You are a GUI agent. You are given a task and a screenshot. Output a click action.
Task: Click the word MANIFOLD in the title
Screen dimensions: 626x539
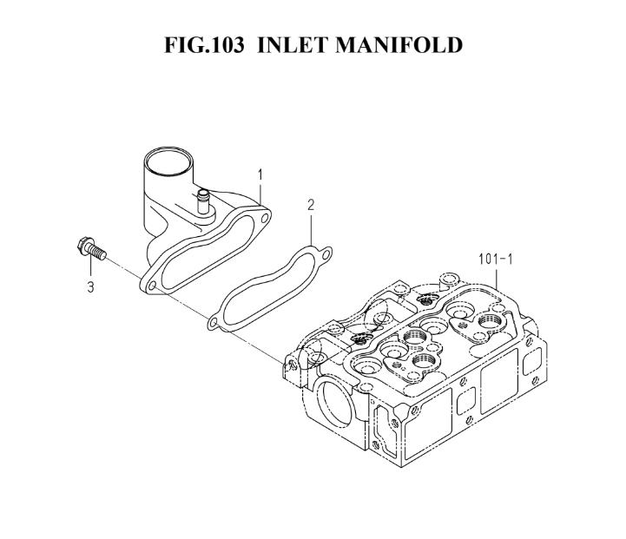coord(399,44)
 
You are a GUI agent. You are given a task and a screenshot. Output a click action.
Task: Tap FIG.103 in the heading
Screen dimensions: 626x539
coord(204,44)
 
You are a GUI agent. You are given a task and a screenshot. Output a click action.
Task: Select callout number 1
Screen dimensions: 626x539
coord(260,174)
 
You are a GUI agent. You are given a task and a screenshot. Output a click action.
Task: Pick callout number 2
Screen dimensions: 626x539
coord(311,205)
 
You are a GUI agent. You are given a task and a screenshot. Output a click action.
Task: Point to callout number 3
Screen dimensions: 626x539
coord(90,286)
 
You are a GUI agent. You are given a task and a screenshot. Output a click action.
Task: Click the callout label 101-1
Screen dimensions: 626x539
coord(496,260)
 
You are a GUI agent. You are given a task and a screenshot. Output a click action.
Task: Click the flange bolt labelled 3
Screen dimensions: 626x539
coord(91,248)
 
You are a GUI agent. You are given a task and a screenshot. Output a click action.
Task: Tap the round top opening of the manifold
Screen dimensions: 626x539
coord(168,161)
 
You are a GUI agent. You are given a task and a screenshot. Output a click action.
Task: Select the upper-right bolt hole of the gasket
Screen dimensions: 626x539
coord(326,253)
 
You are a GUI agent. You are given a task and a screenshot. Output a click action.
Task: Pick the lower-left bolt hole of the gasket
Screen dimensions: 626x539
coord(214,322)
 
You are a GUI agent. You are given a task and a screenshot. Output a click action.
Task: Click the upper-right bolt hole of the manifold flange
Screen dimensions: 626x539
coord(264,218)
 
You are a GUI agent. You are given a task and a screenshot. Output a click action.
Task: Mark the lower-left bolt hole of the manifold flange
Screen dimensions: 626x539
coord(152,286)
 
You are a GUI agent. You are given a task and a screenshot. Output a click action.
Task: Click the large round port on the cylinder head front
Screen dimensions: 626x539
coord(335,402)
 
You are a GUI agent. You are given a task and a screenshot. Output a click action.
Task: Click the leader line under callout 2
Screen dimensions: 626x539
coord(311,228)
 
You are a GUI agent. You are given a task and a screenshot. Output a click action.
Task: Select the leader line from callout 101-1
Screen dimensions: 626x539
coord(496,279)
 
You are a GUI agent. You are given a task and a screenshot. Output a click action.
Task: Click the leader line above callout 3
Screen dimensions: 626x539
coord(90,267)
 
